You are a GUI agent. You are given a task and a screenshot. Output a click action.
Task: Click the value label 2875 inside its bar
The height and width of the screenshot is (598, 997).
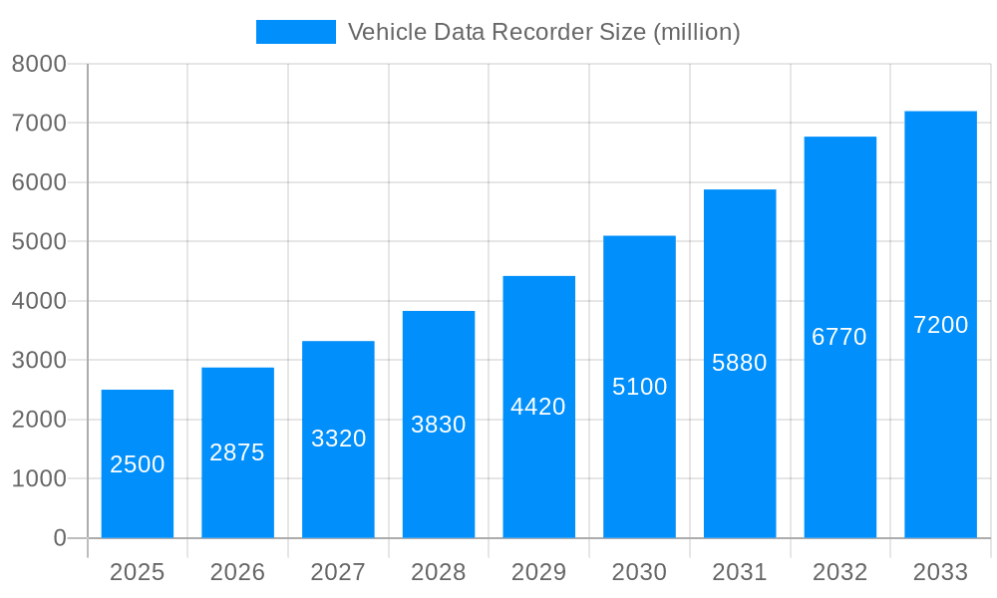pyautogui.click(x=237, y=452)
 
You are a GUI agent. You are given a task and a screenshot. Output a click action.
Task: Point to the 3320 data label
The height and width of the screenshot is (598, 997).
pyautogui.click(x=338, y=439)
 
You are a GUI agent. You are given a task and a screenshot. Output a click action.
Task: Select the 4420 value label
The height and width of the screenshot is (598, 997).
pyautogui.click(x=538, y=407)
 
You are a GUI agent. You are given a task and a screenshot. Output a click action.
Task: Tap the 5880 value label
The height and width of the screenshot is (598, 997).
pyautogui.click(x=739, y=363)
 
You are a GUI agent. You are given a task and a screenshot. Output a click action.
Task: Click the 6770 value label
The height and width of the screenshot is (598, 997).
pyautogui.click(x=839, y=337)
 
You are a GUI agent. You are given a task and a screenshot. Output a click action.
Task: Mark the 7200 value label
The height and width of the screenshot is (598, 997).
pyautogui.click(x=940, y=325)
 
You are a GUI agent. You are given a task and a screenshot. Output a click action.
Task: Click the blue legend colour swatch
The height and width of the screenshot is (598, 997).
pyautogui.click(x=296, y=32)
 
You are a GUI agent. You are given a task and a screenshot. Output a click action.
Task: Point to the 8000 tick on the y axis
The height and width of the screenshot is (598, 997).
pyautogui.click(x=39, y=64)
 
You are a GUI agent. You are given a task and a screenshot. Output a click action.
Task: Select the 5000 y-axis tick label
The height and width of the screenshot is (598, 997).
pyautogui.click(x=39, y=242)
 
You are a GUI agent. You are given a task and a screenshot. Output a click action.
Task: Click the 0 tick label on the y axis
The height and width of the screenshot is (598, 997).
pyautogui.click(x=59, y=538)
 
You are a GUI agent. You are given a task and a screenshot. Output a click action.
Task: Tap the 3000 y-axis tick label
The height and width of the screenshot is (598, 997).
pyautogui.click(x=39, y=360)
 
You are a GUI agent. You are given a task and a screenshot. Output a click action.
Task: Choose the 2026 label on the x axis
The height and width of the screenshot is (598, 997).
pyautogui.click(x=237, y=572)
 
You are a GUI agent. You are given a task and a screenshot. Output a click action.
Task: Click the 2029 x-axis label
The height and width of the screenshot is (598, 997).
pyautogui.click(x=538, y=572)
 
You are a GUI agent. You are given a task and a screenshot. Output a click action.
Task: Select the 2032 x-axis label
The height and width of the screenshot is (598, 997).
pyautogui.click(x=839, y=572)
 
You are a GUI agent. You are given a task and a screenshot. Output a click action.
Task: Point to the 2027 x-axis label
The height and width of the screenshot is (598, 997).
pyautogui.click(x=338, y=572)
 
